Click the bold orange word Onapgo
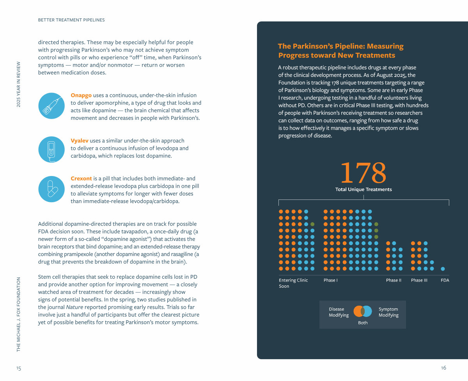tap(81, 95)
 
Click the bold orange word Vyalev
tap(80, 141)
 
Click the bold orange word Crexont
tap(81, 178)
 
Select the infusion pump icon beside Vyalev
tap(51, 149)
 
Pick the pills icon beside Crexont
tap(51, 189)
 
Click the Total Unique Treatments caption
tap(363, 189)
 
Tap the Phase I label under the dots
tap(330, 280)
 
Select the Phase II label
tap(394, 280)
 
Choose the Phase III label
tap(419, 280)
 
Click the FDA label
tap(445, 280)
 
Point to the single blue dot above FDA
tap(443, 269)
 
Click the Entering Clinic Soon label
tap(293, 283)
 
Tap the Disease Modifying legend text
tap(339, 312)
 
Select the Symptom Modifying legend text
tap(388, 312)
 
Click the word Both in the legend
tap(363, 323)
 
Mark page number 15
tap(19, 368)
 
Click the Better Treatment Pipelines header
tap(71, 20)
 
